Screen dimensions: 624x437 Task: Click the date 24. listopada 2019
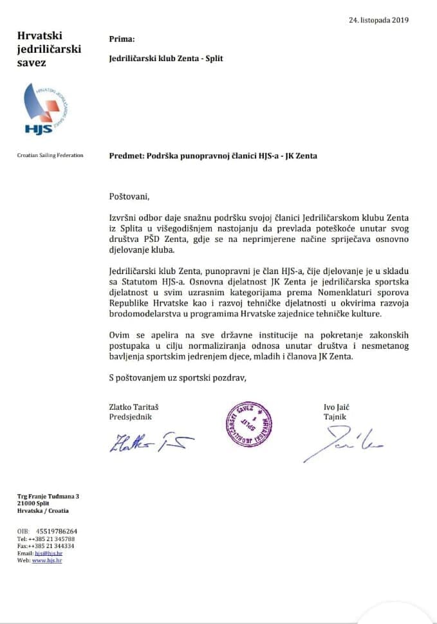pyautogui.click(x=378, y=20)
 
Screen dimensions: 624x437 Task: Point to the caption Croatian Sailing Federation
pyautogui.click(x=50, y=155)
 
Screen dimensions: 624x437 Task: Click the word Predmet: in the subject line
pyautogui.click(x=127, y=156)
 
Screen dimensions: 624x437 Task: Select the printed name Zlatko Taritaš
pyautogui.click(x=137, y=407)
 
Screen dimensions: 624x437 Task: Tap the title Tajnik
pyautogui.click(x=335, y=417)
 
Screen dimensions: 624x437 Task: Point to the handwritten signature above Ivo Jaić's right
pyautogui.click(x=342, y=443)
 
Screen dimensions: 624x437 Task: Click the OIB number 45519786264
pyautogui.click(x=57, y=531)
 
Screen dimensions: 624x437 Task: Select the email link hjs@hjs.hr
pyautogui.click(x=48, y=553)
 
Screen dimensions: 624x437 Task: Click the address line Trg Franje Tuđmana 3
pyautogui.click(x=48, y=496)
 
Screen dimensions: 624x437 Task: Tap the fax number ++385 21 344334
pyautogui.click(x=50, y=546)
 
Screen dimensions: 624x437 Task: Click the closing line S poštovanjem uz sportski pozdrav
pyautogui.click(x=178, y=378)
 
